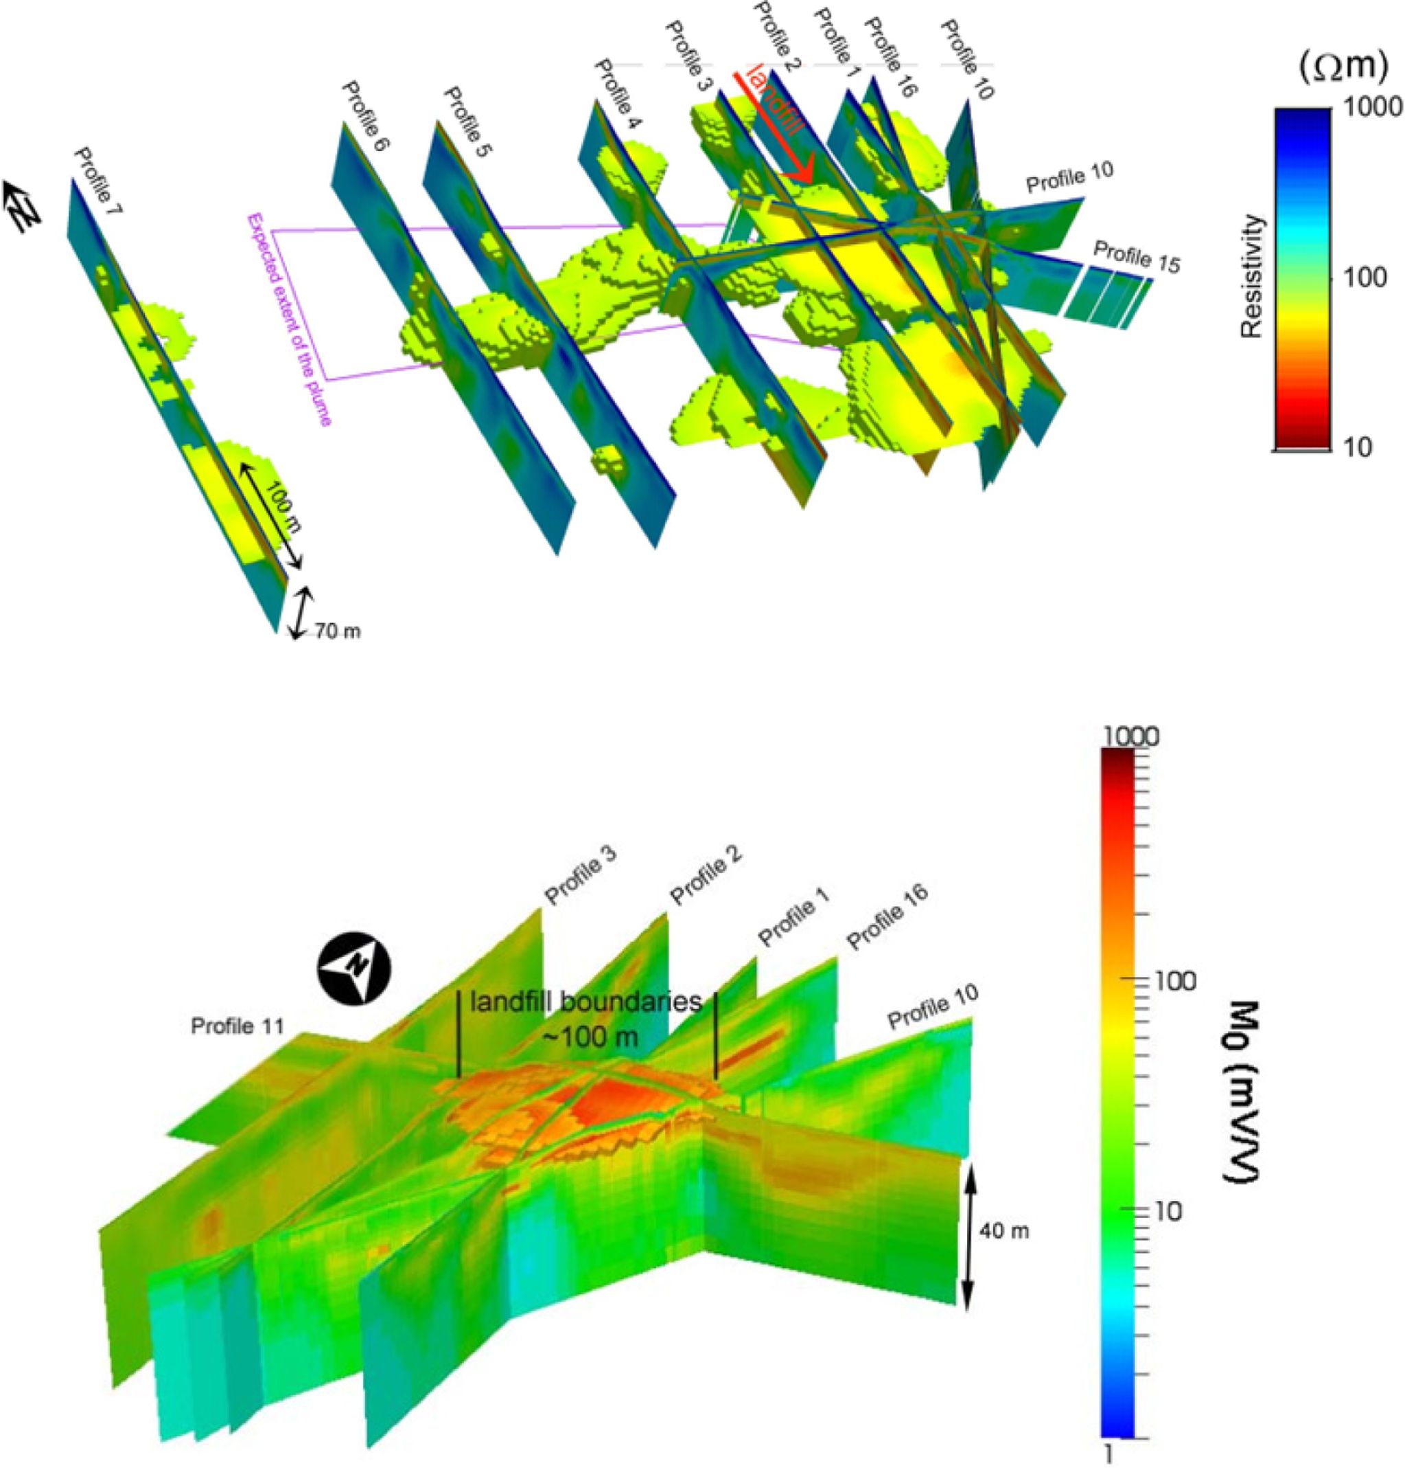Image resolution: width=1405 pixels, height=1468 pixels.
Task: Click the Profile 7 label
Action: pyautogui.click(x=99, y=182)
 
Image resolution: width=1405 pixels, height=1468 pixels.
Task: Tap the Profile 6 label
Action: pyautogui.click(x=366, y=117)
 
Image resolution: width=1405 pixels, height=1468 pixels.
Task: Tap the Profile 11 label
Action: pyautogui.click(x=237, y=1025)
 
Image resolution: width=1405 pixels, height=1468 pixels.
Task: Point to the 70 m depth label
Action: pyautogui.click(x=337, y=631)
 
